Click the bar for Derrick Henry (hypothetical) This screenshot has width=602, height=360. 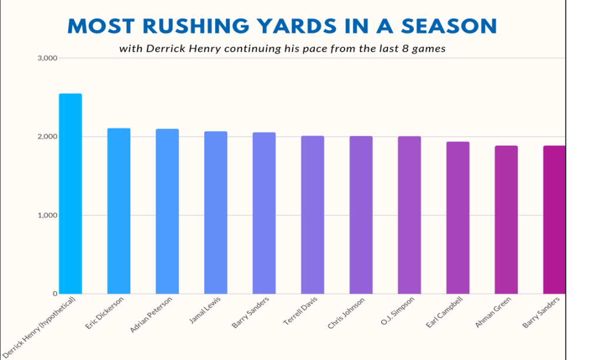coord(71,194)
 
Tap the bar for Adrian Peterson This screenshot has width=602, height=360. coord(167,211)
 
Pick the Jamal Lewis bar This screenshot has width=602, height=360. coord(216,212)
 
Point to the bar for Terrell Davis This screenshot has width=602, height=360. coord(312,215)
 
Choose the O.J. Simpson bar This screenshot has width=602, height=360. coord(409,215)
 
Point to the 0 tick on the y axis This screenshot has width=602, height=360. coord(53,294)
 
